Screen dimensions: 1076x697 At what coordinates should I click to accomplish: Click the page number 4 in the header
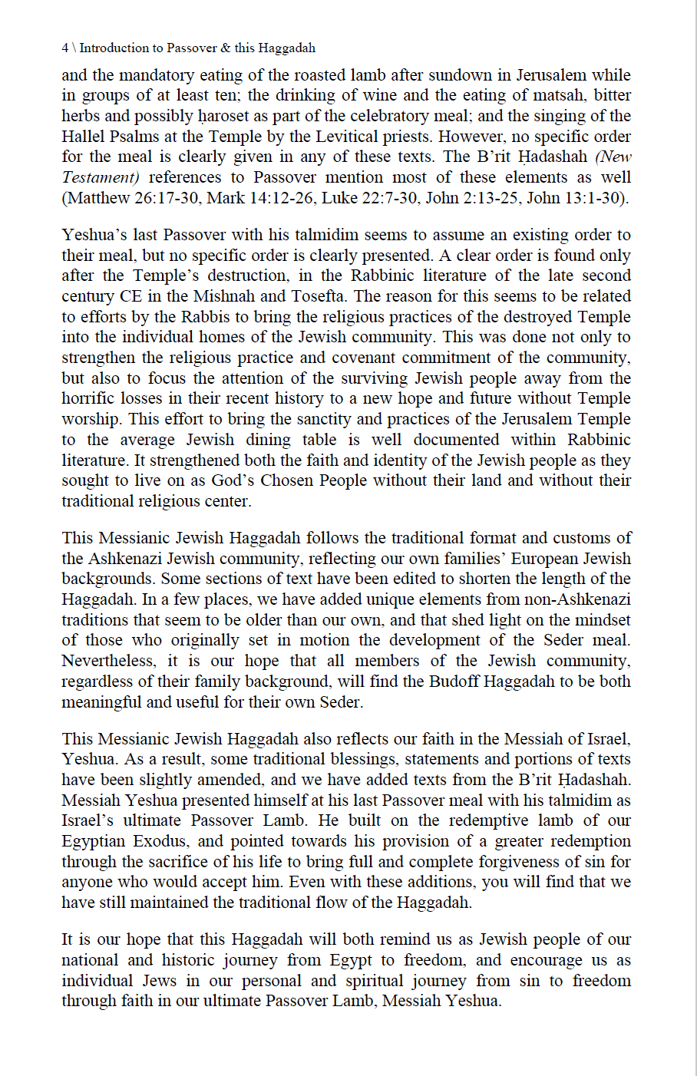(65, 48)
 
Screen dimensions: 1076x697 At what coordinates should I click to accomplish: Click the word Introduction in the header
(114, 48)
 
